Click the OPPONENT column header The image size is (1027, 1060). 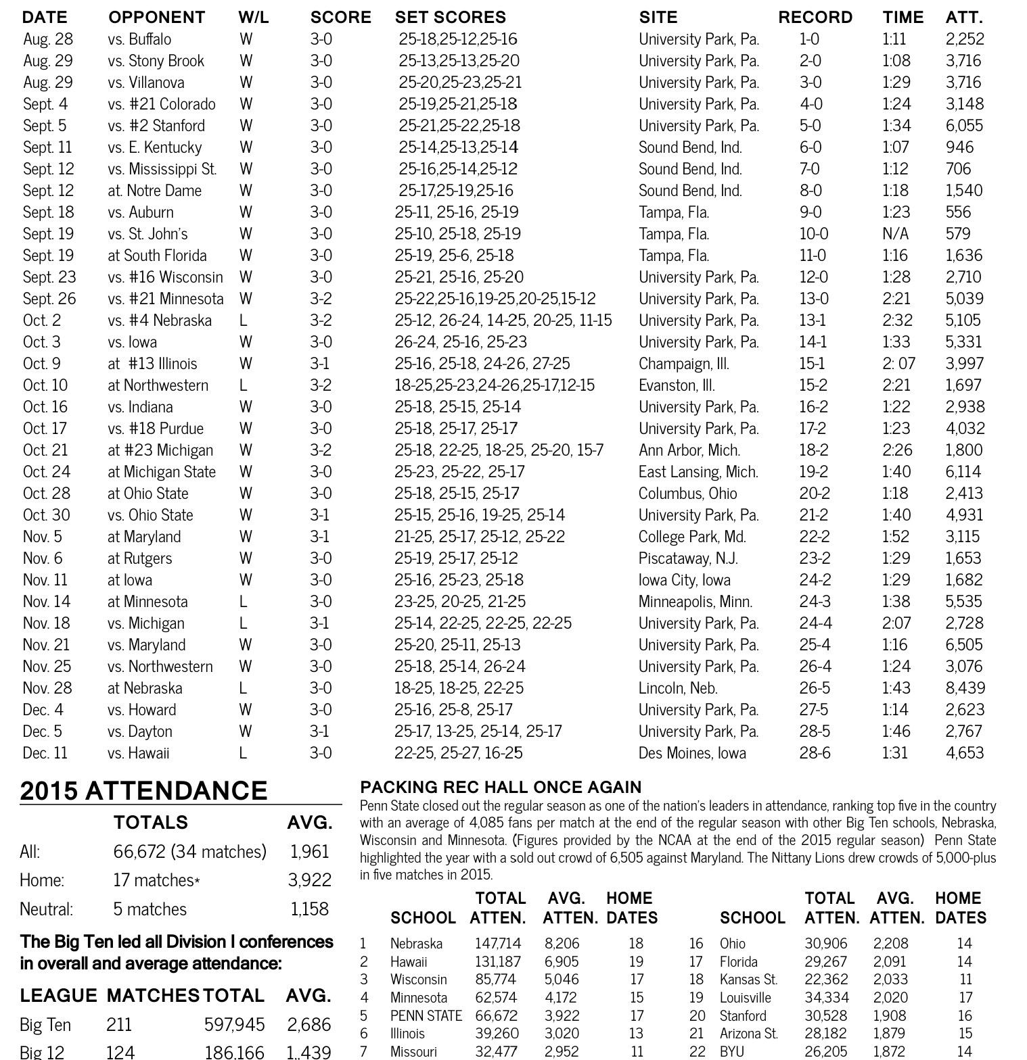coord(156,17)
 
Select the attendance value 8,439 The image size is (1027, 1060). coord(965,688)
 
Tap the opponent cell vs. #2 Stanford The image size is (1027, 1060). coord(156,125)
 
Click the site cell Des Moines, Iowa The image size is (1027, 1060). coord(692,752)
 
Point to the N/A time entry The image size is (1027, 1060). coord(895,233)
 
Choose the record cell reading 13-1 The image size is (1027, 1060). coord(812,320)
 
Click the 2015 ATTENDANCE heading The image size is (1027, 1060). coord(143,791)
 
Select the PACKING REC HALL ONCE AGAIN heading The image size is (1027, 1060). coord(501,787)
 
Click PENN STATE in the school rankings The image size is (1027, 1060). coord(426,1015)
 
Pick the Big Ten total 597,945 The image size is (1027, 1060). coord(234,1025)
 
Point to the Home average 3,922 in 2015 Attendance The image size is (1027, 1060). coord(309,880)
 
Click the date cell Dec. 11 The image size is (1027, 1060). coord(45,752)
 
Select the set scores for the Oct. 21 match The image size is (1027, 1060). coord(499,450)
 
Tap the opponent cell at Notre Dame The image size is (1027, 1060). coord(154,190)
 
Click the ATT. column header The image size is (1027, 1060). coord(964,17)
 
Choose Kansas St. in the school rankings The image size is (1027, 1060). coord(748,979)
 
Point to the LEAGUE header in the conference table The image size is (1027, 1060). coord(58,996)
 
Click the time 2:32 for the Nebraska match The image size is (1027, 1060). coord(897,320)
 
